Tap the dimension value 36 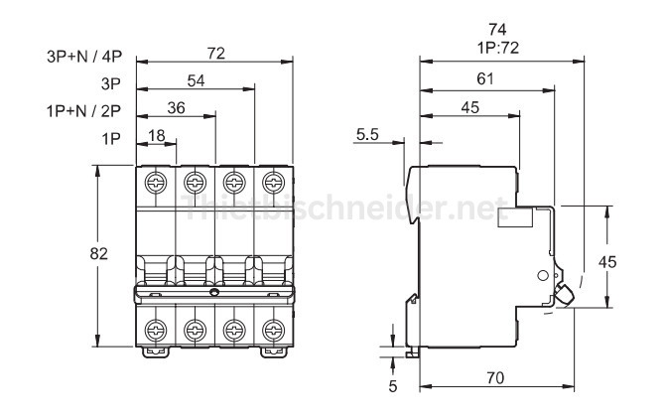tap(177, 107)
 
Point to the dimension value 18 tap(157, 135)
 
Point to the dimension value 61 tap(486, 79)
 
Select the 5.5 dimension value tap(367, 135)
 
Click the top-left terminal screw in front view tap(156, 183)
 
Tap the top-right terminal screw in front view tap(271, 183)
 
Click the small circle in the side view tap(542, 274)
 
